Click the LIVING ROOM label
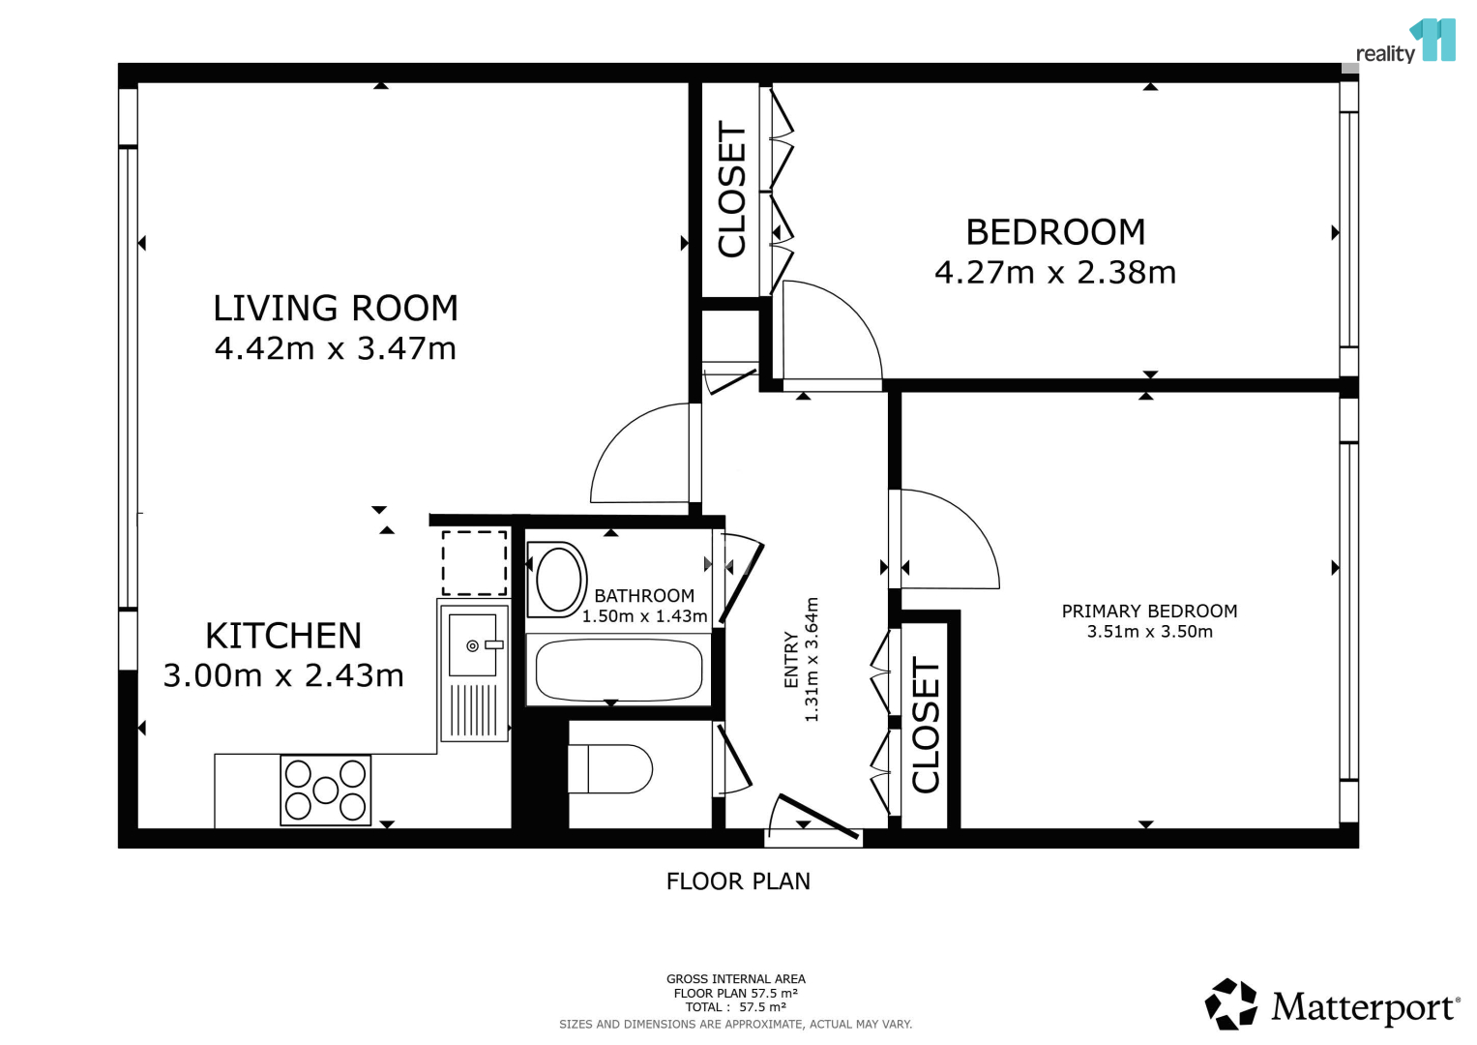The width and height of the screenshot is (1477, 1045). (335, 308)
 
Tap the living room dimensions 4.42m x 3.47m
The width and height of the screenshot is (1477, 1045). (335, 348)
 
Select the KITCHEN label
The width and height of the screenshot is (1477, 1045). (283, 636)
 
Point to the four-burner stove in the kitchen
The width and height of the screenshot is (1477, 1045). (325, 790)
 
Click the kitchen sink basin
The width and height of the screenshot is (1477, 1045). (472, 645)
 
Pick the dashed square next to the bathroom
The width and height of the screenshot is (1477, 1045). (474, 563)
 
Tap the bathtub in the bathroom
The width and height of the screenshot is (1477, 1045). (618, 670)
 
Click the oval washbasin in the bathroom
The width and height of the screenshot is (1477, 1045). (558, 580)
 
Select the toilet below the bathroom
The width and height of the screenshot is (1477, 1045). (610, 768)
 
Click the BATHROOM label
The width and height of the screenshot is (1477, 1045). (644, 596)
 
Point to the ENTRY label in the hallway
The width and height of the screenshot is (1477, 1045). (791, 660)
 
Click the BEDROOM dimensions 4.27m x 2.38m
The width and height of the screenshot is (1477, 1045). (1055, 273)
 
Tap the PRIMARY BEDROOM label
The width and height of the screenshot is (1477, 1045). (1149, 611)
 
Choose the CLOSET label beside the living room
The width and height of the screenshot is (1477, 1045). (732, 190)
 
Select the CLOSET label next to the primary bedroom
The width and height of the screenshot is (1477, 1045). (926, 725)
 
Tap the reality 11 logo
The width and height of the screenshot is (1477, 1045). (1405, 41)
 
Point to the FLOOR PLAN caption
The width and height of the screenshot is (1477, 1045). (738, 881)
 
